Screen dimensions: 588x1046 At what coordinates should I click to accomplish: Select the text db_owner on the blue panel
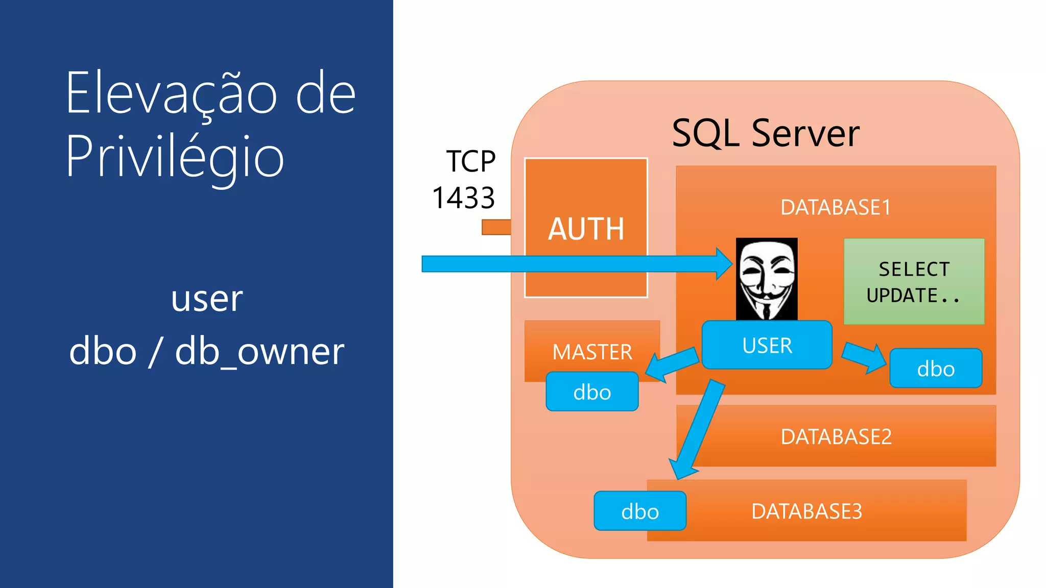pyautogui.click(x=259, y=352)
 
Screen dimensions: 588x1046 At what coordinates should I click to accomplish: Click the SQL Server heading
pyautogui.click(x=765, y=134)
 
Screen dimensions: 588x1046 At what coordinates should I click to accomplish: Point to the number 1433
pyautogui.click(x=463, y=198)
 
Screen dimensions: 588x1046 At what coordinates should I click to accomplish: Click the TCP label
pyautogui.click(x=470, y=161)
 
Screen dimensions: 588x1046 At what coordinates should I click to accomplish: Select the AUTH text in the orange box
pyautogui.click(x=586, y=229)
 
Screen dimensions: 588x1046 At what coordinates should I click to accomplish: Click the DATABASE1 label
pyautogui.click(x=836, y=208)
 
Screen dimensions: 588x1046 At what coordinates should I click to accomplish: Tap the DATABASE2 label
pyautogui.click(x=836, y=437)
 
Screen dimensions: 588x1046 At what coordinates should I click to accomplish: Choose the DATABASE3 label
pyautogui.click(x=806, y=511)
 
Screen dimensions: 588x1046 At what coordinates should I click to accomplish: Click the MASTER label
pyautogui.click(x=592, y=352)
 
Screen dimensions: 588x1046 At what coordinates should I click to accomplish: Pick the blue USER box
pyautogui.click(x=767, y=346)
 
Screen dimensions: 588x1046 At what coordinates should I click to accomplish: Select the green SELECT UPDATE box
pyautogui.click(x=914, y=282)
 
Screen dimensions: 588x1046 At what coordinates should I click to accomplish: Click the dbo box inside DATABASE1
pyautogui.click(x=936, y=369)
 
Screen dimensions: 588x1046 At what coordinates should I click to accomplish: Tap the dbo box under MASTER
pyautogui.click(x=592, y=392)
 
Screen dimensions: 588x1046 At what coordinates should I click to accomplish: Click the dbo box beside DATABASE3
pyautogui.click(x=639, y=511)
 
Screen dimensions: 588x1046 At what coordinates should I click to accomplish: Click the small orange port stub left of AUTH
pyautogui.click(x=496, y=227)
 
